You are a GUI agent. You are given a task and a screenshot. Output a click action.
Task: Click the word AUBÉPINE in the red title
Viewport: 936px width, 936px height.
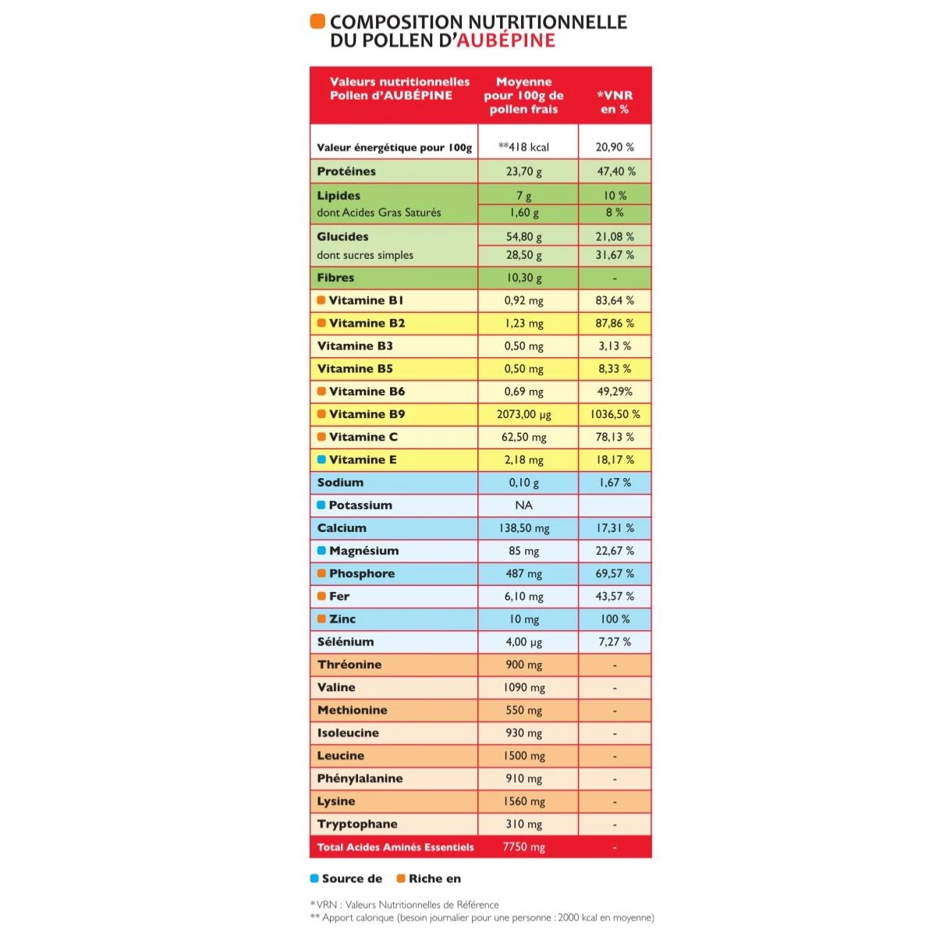(505, 41)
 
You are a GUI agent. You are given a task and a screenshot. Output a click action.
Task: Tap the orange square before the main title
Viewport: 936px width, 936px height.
(317, 21)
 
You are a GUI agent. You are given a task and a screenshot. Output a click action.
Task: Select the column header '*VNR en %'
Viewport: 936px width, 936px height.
(615, 102)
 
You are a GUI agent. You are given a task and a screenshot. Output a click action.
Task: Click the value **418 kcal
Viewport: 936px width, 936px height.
(523, 147)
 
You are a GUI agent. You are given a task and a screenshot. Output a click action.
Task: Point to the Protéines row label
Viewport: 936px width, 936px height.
(346, 171)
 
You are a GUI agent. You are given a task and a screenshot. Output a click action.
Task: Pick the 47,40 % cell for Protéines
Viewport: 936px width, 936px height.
(615, 171)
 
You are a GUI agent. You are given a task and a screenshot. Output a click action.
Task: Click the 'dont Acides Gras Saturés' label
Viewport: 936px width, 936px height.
(379, 212)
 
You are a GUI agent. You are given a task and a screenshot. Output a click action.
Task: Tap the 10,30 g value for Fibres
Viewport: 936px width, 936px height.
(523, 278)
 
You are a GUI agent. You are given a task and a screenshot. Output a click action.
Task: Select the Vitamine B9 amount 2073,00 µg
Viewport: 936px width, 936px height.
(523, 414)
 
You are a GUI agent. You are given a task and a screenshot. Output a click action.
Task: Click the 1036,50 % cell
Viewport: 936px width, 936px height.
(615, 414)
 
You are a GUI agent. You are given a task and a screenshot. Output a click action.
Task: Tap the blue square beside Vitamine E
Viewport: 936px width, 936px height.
(321, 459)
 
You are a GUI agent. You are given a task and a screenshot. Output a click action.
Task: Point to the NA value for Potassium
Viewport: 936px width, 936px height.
(523, 505)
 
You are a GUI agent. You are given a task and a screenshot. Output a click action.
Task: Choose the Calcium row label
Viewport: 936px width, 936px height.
(342, 528)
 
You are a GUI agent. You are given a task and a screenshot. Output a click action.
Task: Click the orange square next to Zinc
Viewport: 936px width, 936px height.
(321, 619)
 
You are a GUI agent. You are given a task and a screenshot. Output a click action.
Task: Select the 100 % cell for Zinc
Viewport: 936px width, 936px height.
(615, 619)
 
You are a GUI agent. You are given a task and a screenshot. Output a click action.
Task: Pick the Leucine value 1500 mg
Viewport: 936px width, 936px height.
(523, 756)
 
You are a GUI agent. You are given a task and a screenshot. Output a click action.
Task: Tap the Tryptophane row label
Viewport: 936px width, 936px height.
(357, 824)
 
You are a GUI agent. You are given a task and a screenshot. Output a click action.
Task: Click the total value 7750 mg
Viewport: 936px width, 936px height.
(523, 847)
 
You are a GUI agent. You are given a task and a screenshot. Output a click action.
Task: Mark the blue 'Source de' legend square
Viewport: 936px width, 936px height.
(314, 878)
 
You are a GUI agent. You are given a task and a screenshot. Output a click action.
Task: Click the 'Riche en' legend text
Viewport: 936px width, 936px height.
(434, 878)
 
